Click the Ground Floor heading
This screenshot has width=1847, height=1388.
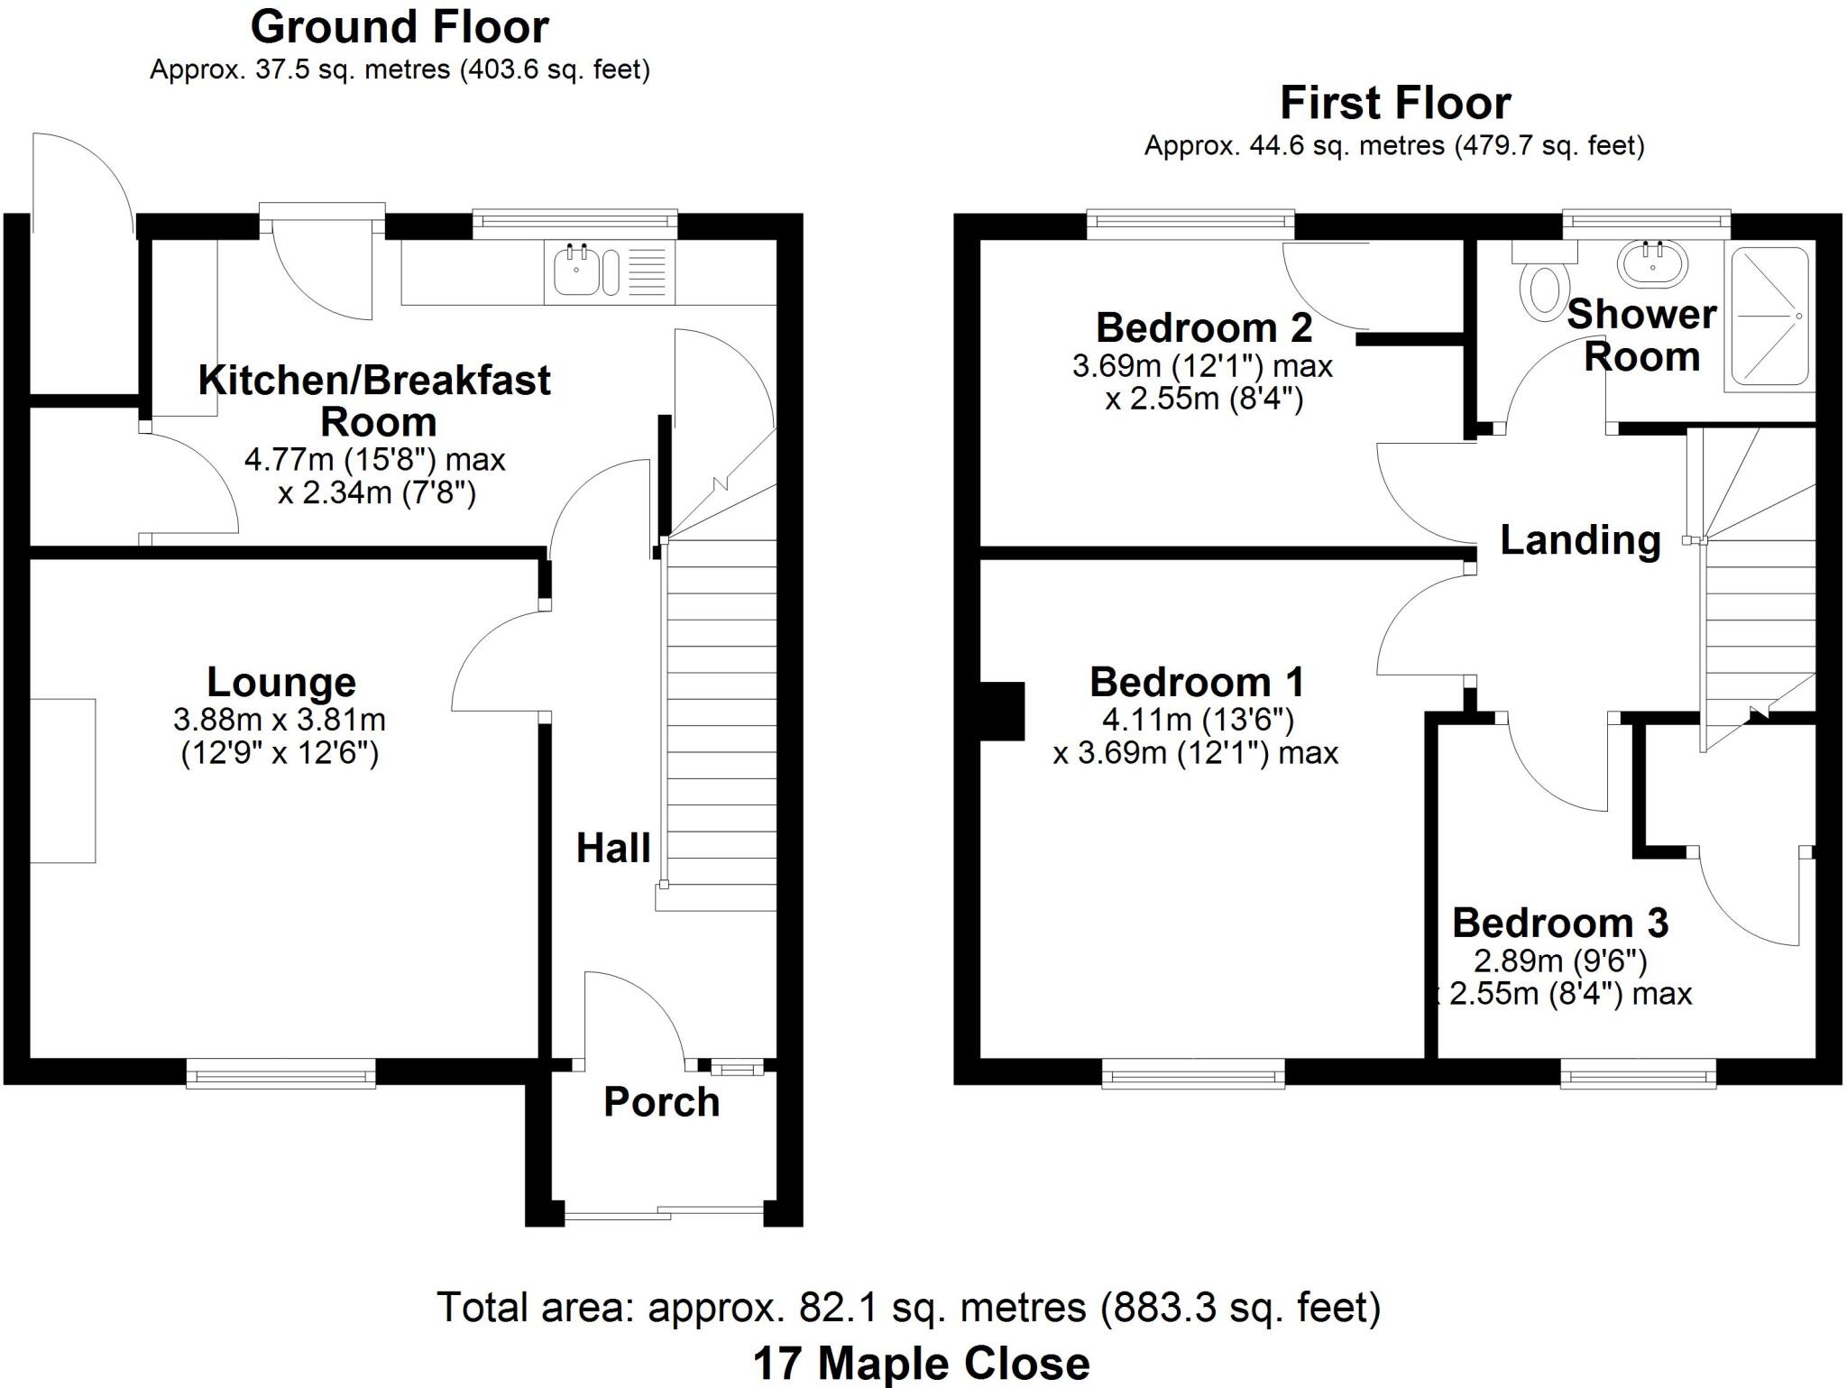400,27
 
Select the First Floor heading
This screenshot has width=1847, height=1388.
1395,104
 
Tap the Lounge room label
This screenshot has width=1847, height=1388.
281,682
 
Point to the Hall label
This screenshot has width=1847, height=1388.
613,849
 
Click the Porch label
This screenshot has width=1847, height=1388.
662,1102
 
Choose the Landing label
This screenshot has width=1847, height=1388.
1580,540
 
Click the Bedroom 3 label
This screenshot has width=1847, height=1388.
1560,923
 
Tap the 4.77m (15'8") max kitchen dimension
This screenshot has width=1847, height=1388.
374,460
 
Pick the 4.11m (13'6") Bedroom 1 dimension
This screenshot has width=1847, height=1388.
1199,720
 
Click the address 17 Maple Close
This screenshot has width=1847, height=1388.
922,1364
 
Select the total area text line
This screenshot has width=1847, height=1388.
909,1307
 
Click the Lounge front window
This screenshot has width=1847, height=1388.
280,1073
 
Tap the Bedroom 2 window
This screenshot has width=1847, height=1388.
1190,224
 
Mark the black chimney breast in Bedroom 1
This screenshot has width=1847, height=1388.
1002,711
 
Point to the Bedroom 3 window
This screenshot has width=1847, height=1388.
1638,1073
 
